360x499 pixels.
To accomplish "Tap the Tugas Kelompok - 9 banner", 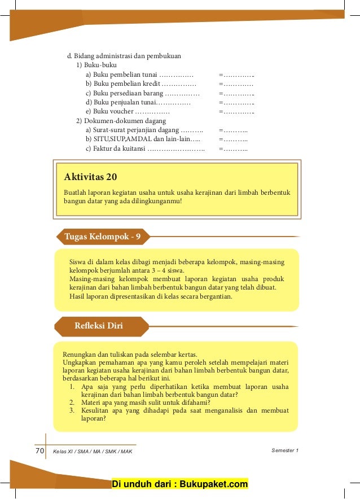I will click(x=103, y=237).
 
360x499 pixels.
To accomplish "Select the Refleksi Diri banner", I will click(x=99, y=326).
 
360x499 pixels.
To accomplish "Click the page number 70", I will click(x=39, y=451).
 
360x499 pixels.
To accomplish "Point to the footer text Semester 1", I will click(x=285, y=450).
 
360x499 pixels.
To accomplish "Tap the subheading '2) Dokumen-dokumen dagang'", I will click(x=121, y=121).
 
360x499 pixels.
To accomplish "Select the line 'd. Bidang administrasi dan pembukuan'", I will click(x=124, y=56).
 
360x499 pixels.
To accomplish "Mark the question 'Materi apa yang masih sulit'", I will click(x=145, y=402).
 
